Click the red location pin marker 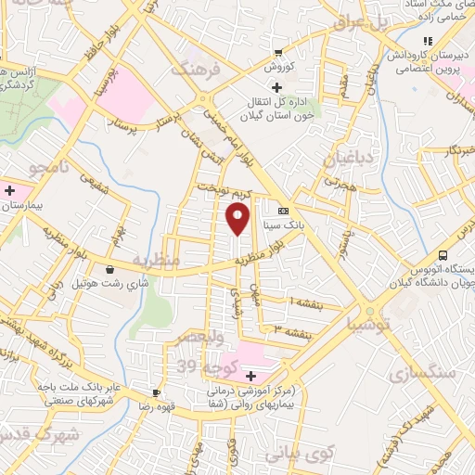(x=238, y=219)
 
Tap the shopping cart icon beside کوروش (x=277, y=52)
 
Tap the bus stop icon (x=443, y=254)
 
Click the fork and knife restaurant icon (x=428, y=41)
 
